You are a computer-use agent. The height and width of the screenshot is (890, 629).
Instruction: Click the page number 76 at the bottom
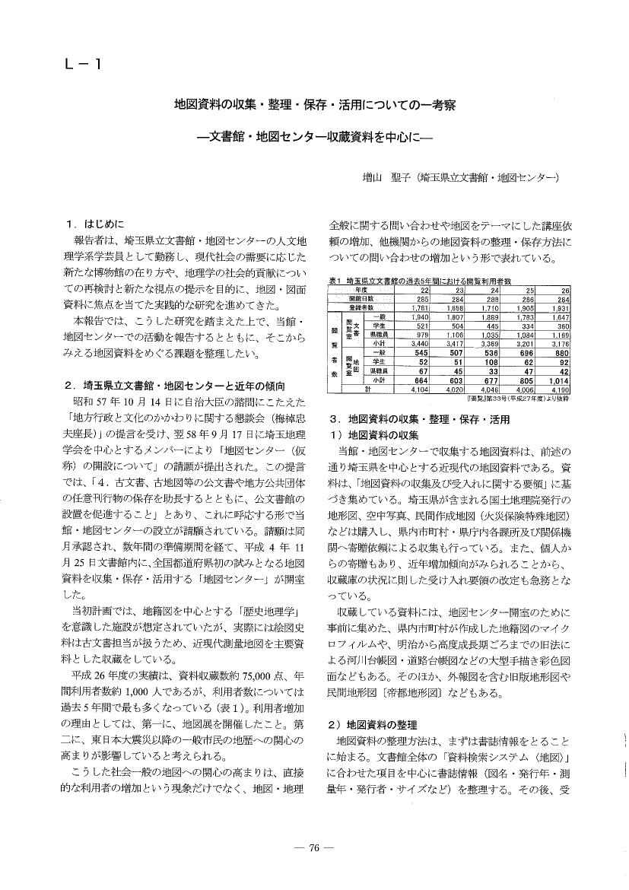click(x=313, y=850)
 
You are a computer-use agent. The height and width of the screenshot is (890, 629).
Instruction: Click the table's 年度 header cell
click(x=361, y=290)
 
